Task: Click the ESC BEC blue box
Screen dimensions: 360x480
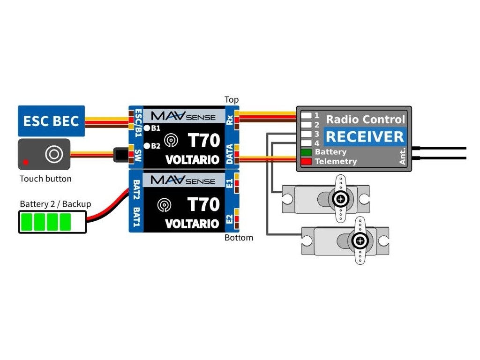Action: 52,120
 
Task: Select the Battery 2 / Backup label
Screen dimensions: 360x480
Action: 55,204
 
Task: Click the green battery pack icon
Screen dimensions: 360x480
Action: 52,222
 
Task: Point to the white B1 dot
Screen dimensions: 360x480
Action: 147,128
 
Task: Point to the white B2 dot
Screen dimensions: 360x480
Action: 147,146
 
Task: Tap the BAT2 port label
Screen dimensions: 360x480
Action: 137,187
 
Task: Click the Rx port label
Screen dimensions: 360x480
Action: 230,120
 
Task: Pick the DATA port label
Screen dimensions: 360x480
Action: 230,155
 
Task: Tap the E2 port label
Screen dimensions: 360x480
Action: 229,219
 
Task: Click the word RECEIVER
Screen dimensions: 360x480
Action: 365,137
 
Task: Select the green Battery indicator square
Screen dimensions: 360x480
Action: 307,152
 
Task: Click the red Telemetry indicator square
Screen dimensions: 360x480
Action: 307,162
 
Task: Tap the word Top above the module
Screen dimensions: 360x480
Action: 232,100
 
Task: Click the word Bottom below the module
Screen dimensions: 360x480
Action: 239,238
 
